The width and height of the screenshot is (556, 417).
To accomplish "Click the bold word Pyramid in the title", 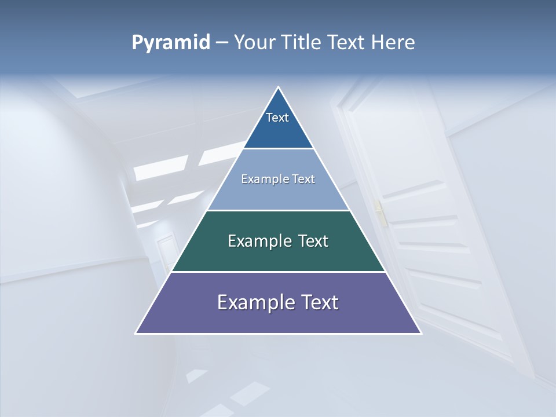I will pyautogui.click(x=170, y=42).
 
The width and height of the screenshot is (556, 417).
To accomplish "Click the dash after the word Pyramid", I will pyautogui.click(x=221, y=43).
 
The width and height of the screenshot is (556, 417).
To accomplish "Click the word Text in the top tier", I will pyautogui.click(x=277, y=118).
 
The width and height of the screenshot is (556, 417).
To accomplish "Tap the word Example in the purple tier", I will pyautogui.click(x=253, y=302).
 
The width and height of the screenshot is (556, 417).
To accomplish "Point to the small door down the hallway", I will pyautogui.click(x=166, y=251).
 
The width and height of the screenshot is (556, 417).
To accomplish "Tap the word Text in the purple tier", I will pyautogui.click(x=319, y=302).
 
